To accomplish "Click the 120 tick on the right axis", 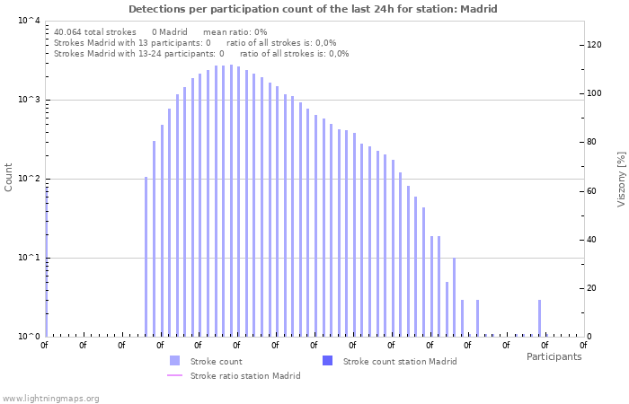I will pos(594,45).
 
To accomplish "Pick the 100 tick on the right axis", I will pos(594,93).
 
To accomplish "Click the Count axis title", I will pos(9,177).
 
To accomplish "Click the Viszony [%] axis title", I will pos(620,179).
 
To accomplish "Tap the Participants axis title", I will pos(554,356).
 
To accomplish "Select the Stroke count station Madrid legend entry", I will pos(399,361).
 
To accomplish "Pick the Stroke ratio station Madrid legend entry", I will pos(244,375).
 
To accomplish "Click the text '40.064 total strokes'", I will pos(94,31).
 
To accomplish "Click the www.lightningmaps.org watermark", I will pos(50,398).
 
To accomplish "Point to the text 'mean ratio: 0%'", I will pos(235,31).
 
